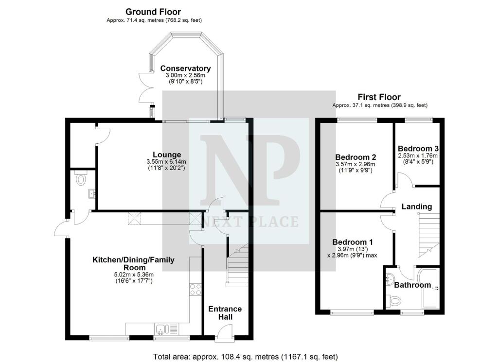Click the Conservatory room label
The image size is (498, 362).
coord(186,69)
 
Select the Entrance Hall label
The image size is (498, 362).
coord(225,313)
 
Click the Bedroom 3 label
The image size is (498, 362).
coord(418,149)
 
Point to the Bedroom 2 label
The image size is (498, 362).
coord(356,157)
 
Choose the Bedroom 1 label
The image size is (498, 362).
coord(353,242)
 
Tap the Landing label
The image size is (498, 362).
coord(416,207)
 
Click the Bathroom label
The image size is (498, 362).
coord(412,285)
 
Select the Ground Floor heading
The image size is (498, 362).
coord(153,12)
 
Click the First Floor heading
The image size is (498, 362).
coord(379,97)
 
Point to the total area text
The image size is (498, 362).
coord(245,357)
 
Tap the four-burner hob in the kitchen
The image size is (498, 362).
coord(196,290)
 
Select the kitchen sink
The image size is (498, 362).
coord(167,329)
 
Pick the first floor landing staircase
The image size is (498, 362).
coord(428,236)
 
